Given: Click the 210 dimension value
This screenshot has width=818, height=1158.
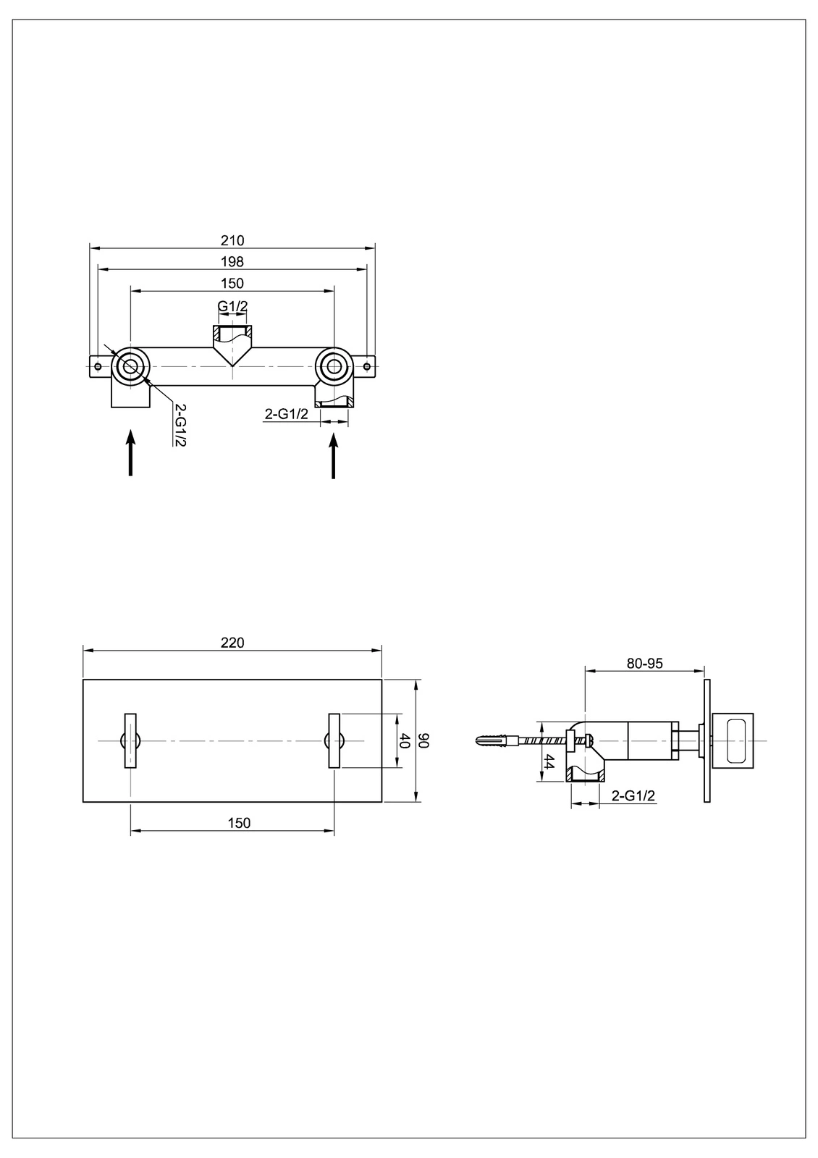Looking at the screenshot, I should coord(232,240).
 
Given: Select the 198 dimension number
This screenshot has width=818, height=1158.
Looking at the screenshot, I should coord(232,262).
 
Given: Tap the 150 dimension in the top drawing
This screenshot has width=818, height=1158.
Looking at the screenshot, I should coord(232,284).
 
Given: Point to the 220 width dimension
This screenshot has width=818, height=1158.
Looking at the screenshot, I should coord(232,642).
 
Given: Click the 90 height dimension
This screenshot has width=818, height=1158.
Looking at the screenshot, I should coord(425,740).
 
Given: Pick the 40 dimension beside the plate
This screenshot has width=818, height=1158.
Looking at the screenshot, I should coord(405,740).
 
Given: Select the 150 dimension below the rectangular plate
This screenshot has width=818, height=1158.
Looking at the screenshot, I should coord(239,823).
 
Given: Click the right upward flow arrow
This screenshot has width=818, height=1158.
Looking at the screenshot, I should coord(333,455).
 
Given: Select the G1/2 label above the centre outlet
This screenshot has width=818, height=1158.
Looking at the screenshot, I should coord(232,306).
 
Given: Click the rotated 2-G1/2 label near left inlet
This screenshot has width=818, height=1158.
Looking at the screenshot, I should coord(180,425).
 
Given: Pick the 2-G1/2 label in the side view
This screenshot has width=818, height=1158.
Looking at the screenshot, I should coord(633,795).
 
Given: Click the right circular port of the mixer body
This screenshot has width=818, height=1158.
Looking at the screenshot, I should coord(334,366).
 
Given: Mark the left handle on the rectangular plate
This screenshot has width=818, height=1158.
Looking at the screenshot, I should coord(130,740).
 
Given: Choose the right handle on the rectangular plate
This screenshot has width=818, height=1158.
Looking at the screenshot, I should coord(334,740).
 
